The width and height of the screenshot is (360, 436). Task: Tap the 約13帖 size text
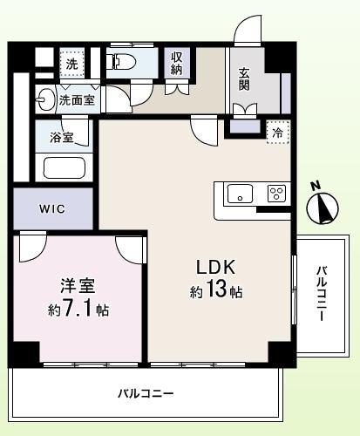click(216, 292)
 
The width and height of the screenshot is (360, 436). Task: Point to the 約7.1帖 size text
click(78, 310)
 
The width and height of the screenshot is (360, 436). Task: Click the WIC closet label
click(51, 209)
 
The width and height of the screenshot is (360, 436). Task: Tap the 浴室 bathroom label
click(62, 138)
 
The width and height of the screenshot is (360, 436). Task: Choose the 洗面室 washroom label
click(78, 100)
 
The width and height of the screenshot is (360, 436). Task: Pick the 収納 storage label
click(177, 63)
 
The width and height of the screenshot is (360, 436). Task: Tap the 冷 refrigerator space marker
click(277, 133)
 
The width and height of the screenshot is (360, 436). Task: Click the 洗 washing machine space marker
click(72, 64)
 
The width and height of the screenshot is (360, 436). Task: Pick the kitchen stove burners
click(276, 194)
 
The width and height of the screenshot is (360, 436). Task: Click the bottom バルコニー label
click(146, 394)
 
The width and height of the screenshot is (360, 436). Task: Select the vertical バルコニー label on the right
click(322, 293)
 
